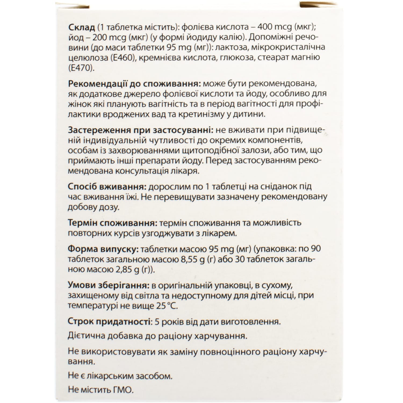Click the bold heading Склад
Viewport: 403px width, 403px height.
coord(82,28)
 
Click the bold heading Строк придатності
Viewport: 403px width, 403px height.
coord(109,322)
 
